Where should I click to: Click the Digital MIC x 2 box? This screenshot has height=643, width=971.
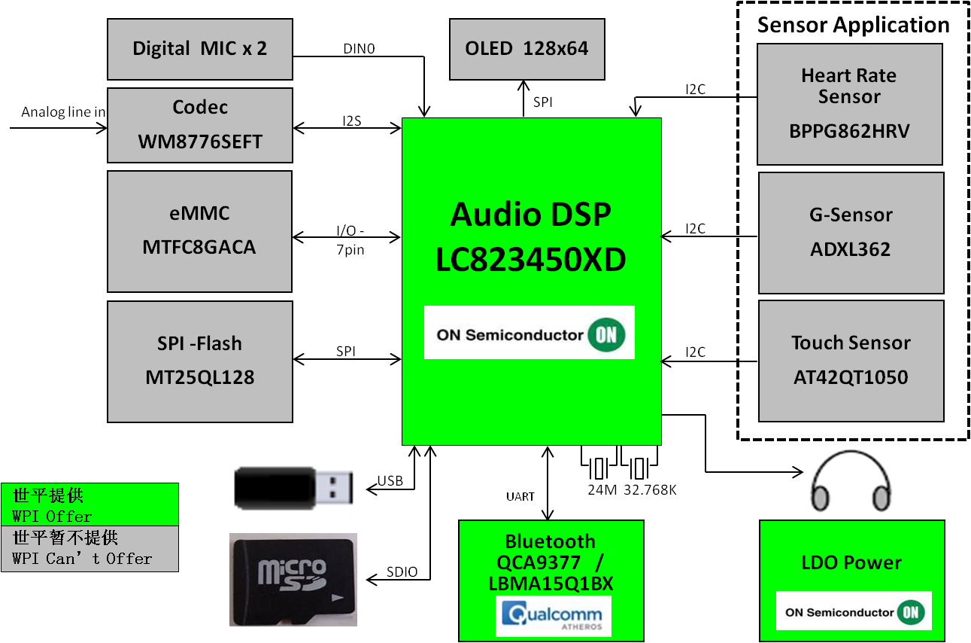[199, 49]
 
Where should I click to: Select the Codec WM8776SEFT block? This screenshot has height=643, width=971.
[199, 124]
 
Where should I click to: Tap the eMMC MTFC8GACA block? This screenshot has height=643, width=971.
[199, 230]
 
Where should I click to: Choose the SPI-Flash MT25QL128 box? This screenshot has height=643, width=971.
[199, 361]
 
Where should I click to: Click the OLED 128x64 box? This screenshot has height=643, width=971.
[526, 49]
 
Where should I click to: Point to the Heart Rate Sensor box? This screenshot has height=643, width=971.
[849, 103]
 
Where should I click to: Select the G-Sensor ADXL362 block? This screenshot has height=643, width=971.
[851, 232]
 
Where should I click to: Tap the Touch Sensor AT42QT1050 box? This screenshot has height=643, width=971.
[851, 361]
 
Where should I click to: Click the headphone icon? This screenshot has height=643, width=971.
[851, 481]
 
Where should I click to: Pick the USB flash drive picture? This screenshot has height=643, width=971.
[293, 488]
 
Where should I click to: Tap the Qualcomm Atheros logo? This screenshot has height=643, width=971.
[553, 616]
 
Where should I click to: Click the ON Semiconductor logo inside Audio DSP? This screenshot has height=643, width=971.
[529, 332]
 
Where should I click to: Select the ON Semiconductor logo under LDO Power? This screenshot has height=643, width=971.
[854, 611]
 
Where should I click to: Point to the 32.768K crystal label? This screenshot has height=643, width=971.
[651, 489]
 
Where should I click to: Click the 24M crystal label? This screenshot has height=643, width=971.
[602, 489]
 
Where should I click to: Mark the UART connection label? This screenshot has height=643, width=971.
[520, 496]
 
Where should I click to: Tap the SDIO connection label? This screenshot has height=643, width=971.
[402, 571]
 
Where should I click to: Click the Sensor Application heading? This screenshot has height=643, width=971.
[853, 25]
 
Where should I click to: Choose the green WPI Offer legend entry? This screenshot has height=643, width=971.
[90, 504]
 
